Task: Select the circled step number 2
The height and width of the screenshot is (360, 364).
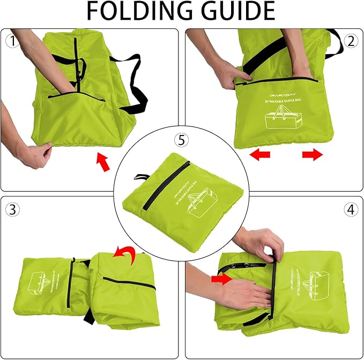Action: click(351, 41)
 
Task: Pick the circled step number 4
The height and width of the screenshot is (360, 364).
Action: click(351, 209)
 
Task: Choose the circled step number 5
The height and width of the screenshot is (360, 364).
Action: click(181, 140)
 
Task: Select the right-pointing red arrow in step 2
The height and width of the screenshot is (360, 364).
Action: click(313, 155)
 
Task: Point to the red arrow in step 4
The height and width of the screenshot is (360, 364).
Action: click(220, 279)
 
